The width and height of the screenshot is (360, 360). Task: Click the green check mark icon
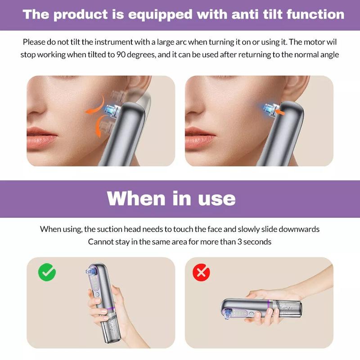point(47,272)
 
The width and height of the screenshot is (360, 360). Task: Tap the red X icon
point(201,272)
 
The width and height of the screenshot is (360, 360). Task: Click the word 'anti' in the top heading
point(245,14)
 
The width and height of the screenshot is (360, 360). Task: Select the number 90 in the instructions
point(121,54)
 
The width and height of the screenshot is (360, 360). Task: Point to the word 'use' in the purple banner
point(217,198)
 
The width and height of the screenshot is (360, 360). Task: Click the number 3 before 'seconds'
point(239,242)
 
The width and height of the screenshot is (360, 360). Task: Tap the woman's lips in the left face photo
point(41,137)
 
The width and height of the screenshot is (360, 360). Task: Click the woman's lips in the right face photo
point(199,137)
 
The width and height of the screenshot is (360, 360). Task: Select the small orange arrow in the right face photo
point(280,112)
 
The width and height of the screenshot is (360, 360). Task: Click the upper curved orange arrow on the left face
point(96,106)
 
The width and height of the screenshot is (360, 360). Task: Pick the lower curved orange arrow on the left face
point(99,126)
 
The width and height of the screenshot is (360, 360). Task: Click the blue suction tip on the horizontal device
point(226,314)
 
